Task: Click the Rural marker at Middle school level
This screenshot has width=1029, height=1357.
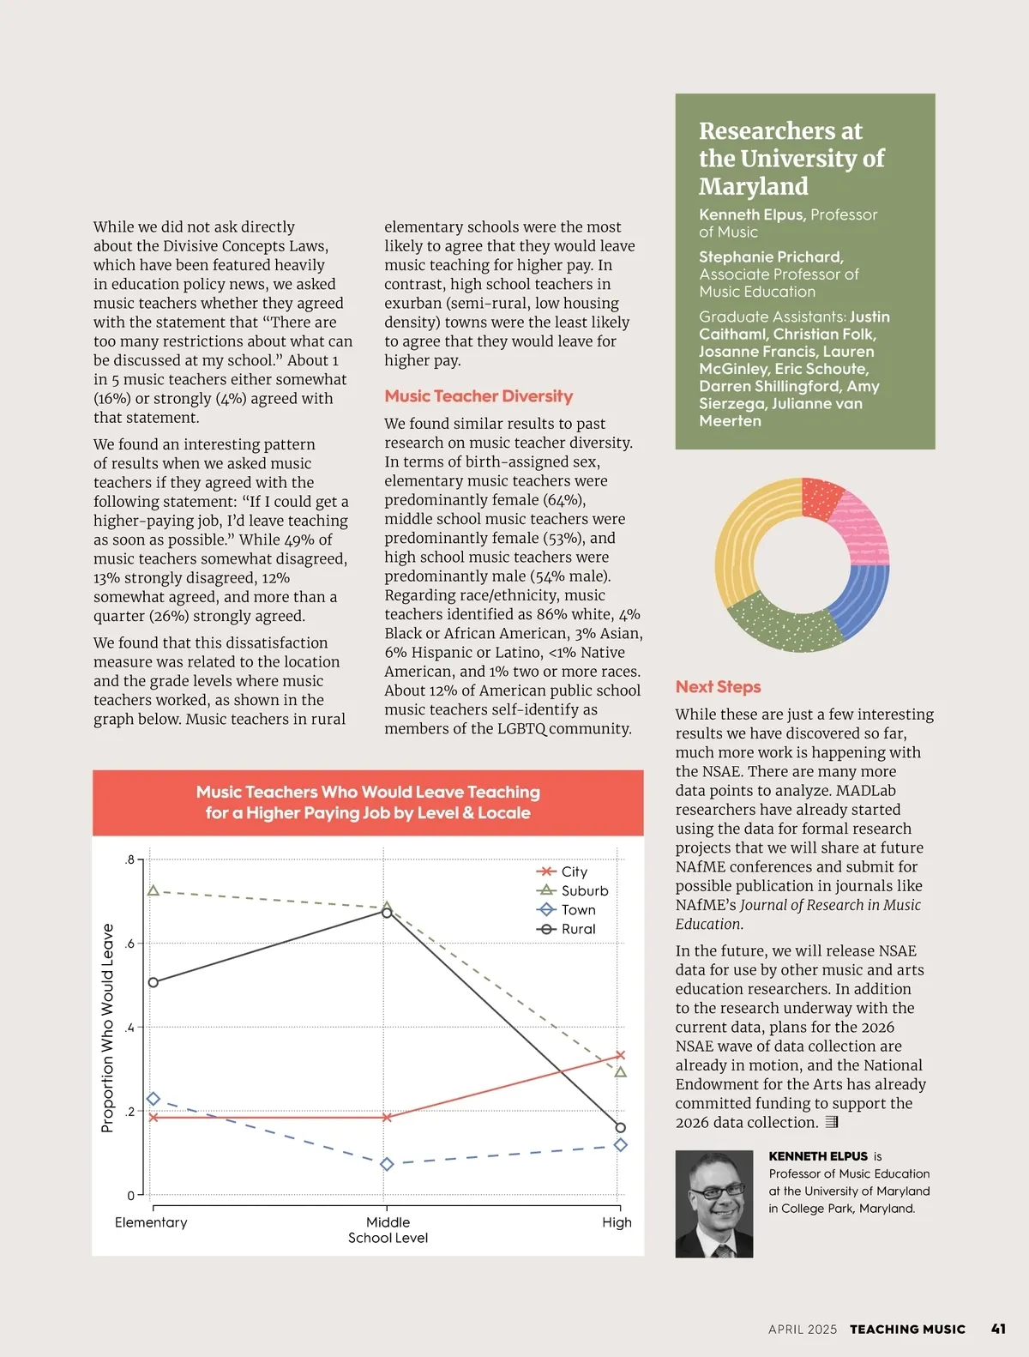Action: (x=387, y=912)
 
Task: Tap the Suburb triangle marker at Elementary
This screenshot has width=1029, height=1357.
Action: (x=153, y=891)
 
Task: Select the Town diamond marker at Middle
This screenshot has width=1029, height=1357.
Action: (x=387, y=1164)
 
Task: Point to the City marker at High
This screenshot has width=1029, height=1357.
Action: (x=620, y=1055)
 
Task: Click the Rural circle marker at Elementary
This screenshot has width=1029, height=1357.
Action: (x=153, y=982)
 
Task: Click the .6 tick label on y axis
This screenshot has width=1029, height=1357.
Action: (x=129, y=944)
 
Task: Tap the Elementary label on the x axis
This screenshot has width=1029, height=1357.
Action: (x=151, y=1222)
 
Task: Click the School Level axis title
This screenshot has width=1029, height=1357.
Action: (x=388, y=1238)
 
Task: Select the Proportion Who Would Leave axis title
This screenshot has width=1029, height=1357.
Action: (x=108, y=1028)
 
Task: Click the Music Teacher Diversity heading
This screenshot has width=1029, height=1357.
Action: (x=478, y=396)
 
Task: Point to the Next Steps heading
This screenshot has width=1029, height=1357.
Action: (x=718, y=687)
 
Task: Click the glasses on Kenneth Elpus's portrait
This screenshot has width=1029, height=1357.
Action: (x=718, y=1191)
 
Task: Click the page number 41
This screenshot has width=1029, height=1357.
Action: (x=998, y=1329)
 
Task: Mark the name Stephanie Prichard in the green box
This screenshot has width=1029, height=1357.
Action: (x=771, y=257)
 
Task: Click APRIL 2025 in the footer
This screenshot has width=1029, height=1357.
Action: (x=802, y=1330)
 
